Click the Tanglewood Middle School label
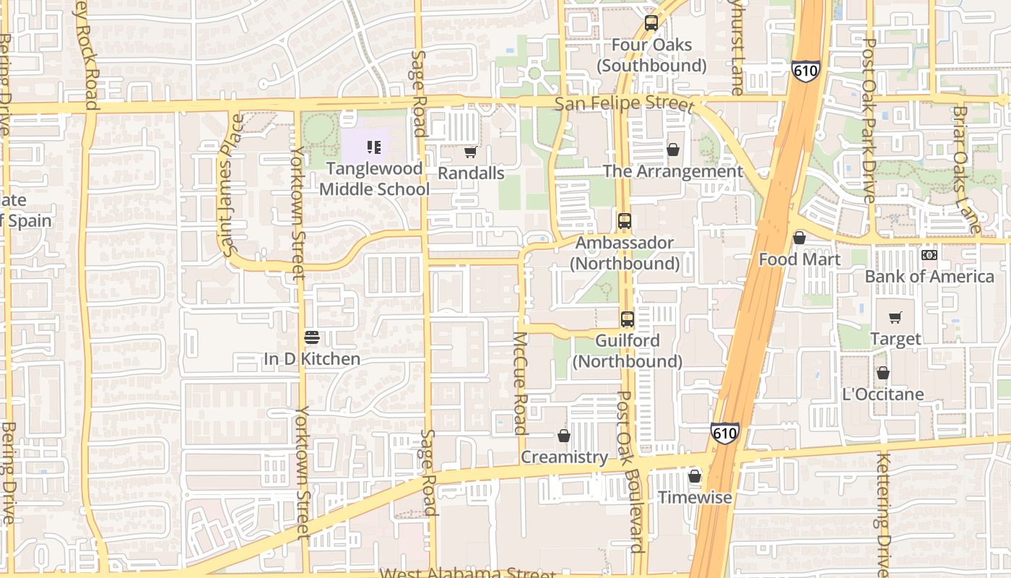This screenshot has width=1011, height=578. click(374, 178)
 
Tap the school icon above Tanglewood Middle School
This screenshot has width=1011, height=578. click(374, 147)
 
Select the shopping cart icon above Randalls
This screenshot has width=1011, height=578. click(470, 152)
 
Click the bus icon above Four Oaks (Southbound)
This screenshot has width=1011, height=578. click(651, 23)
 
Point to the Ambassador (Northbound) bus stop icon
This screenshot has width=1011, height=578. click(625, 221)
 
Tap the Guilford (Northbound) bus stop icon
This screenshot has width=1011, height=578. click(628, 319)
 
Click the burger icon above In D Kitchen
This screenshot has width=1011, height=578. click(312, 337)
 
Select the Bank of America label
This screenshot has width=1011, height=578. click(929, 277)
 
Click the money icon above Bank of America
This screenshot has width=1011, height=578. click(929, 255)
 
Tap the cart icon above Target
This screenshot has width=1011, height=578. click(895, 317)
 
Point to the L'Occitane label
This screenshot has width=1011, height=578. click(883, 394)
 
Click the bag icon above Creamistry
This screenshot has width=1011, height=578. click(564, 436)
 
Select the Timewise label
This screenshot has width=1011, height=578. click(695, 498)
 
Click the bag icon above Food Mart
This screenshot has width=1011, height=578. click(799, 238)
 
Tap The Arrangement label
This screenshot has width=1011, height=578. click(672, 171)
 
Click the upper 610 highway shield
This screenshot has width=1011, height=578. click(804, 70)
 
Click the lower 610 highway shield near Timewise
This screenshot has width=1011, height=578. click(724, 433)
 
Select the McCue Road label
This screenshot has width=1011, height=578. click(520, 383)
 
